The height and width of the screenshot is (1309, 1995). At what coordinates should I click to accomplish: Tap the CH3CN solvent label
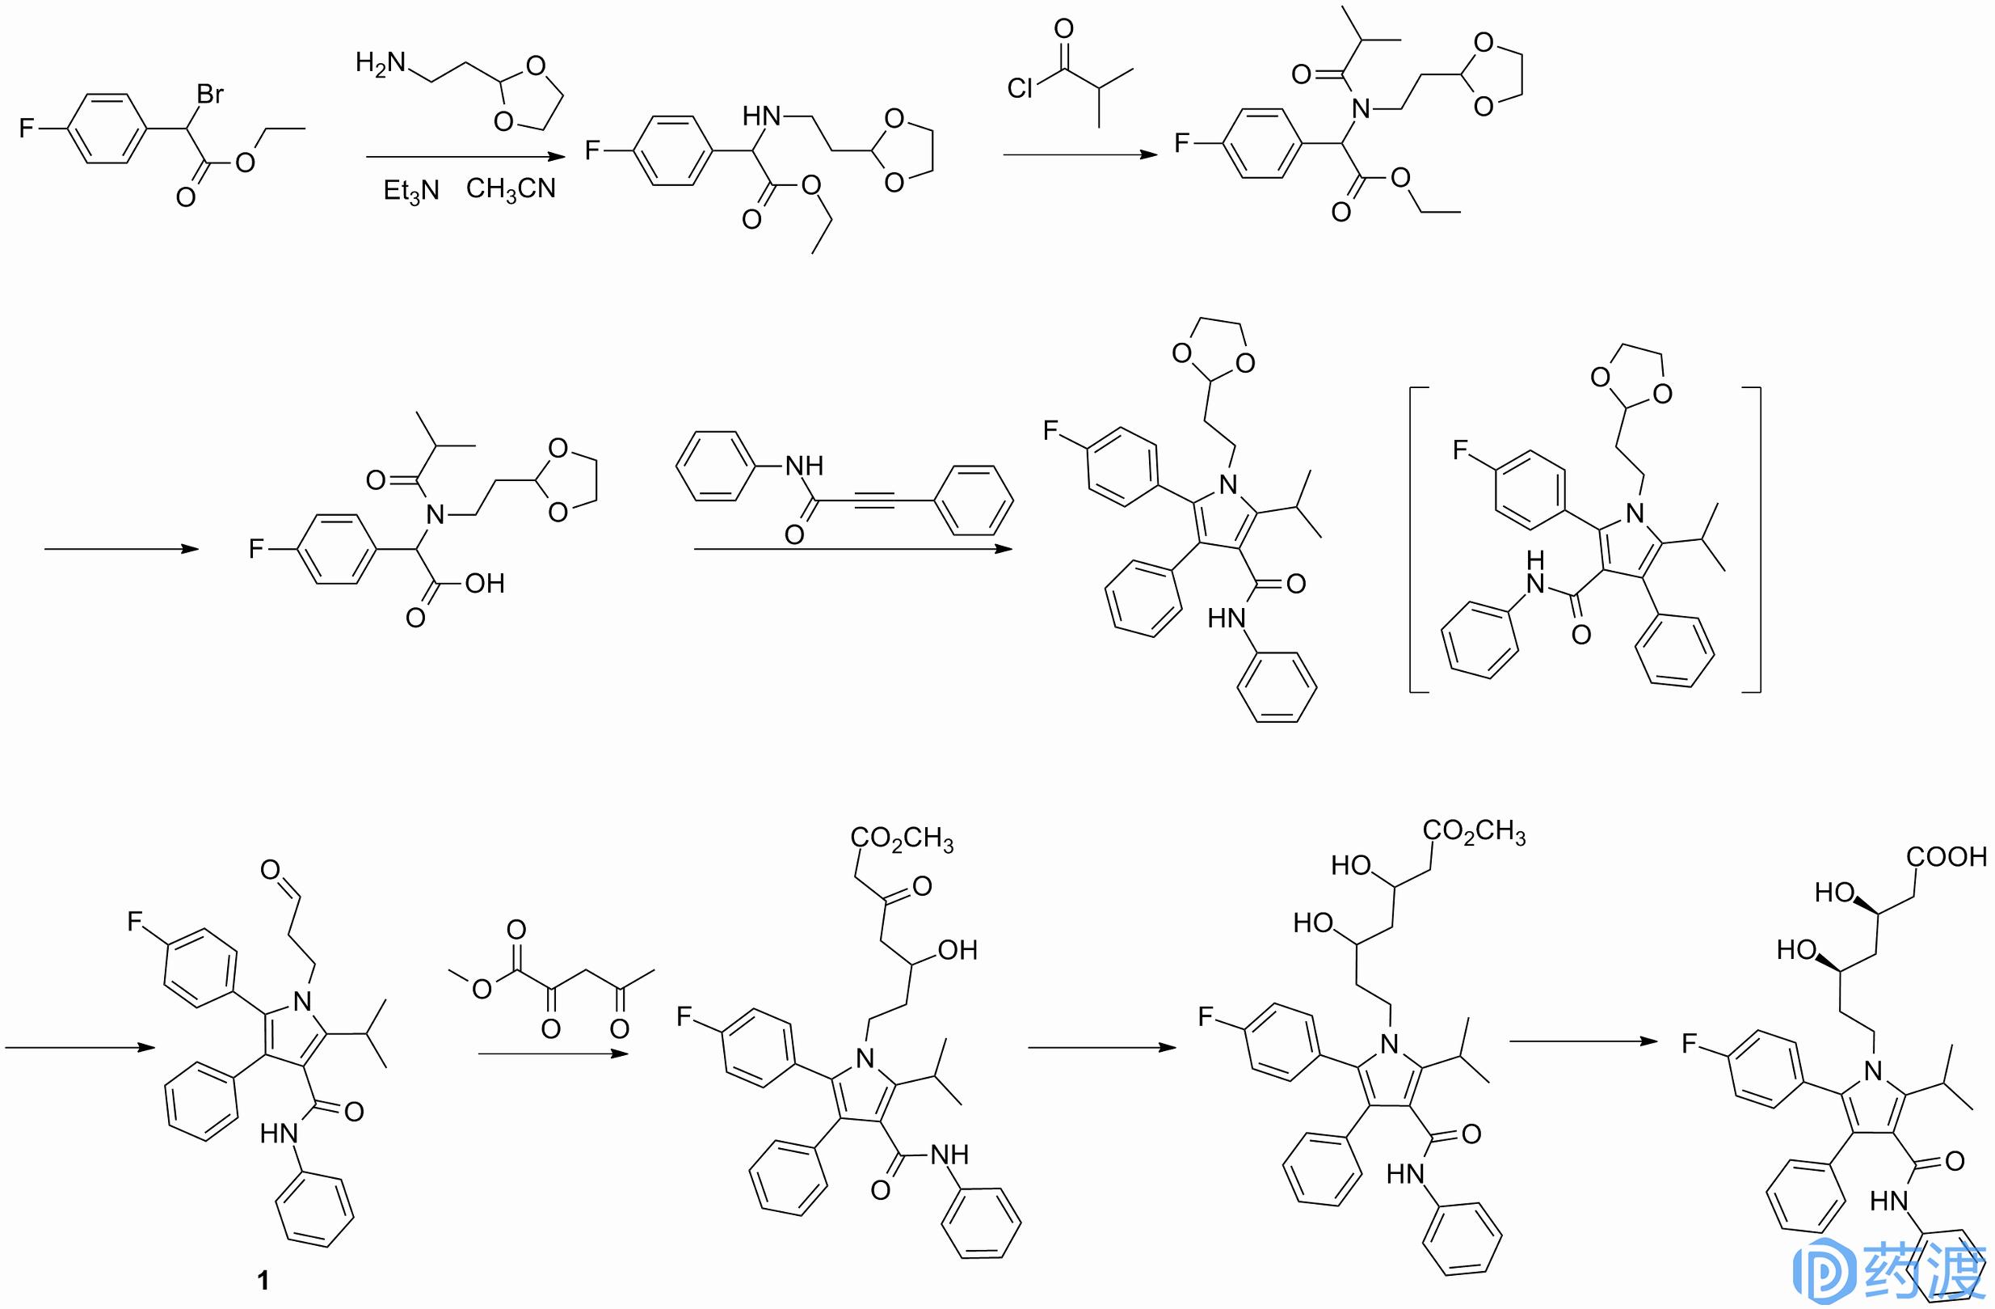511,188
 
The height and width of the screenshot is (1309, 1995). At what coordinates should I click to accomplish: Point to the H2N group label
381,64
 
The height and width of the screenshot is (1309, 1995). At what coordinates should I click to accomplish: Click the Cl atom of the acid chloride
1021,88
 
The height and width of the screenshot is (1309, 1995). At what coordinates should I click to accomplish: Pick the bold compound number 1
263,1280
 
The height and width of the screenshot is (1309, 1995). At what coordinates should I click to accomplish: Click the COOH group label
1947,856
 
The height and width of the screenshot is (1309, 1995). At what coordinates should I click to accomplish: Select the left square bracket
1419,539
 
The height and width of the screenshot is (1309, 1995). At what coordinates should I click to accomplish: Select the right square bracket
1751,539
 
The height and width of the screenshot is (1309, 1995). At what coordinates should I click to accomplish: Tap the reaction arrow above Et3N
466,157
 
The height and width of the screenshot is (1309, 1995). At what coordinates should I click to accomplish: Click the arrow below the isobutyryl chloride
1080,154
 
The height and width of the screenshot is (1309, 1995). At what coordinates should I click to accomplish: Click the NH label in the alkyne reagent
804,466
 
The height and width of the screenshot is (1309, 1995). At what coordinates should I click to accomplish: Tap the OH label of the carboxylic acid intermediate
486,583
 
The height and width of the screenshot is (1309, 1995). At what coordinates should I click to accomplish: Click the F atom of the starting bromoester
27,129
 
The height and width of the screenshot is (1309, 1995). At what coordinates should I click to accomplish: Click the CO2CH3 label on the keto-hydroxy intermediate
902,838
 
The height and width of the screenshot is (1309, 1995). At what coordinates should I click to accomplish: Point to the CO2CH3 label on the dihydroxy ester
1475,831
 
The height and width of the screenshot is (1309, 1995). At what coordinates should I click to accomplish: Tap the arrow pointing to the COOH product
1584,1041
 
